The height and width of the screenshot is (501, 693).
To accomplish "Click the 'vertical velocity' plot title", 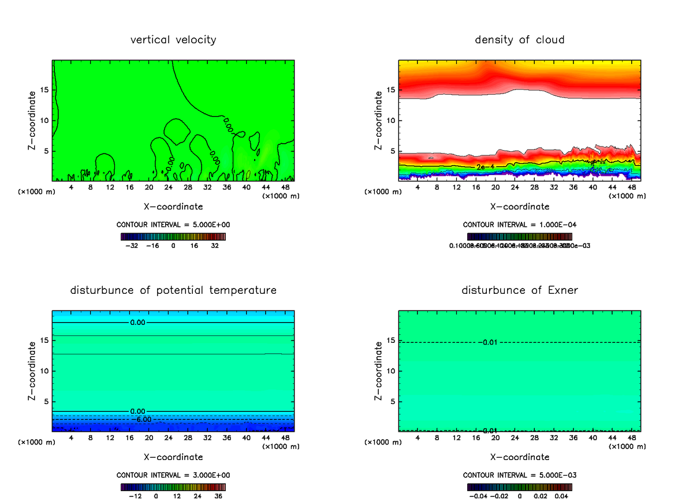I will pos(173,40).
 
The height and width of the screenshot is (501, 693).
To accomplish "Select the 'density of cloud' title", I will pos(520,40).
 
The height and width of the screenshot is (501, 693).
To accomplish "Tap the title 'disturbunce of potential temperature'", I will pos(173,290).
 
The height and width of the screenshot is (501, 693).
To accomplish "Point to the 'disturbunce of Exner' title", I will pos(520,290).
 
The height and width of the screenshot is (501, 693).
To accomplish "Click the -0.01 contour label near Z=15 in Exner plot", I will pos(489,342).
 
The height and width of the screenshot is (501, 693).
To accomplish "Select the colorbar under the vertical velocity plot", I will pos(173,237).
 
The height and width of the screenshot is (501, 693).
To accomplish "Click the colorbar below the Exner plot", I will pos(520,487).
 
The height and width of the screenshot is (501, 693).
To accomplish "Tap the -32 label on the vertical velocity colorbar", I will pos(132,245).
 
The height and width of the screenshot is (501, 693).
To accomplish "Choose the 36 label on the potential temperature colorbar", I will pos(219,495).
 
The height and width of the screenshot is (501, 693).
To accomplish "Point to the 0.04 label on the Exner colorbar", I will pos(561,495).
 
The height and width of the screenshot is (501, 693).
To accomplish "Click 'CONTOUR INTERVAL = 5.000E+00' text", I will pos(173,225).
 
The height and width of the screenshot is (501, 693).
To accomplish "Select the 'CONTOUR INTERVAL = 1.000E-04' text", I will pos(520,225).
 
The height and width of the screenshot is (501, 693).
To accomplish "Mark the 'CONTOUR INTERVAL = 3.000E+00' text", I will pos(173,475).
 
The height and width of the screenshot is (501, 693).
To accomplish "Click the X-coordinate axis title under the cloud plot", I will pos(520,206).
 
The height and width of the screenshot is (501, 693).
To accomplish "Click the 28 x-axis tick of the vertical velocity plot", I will pos(169,188).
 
